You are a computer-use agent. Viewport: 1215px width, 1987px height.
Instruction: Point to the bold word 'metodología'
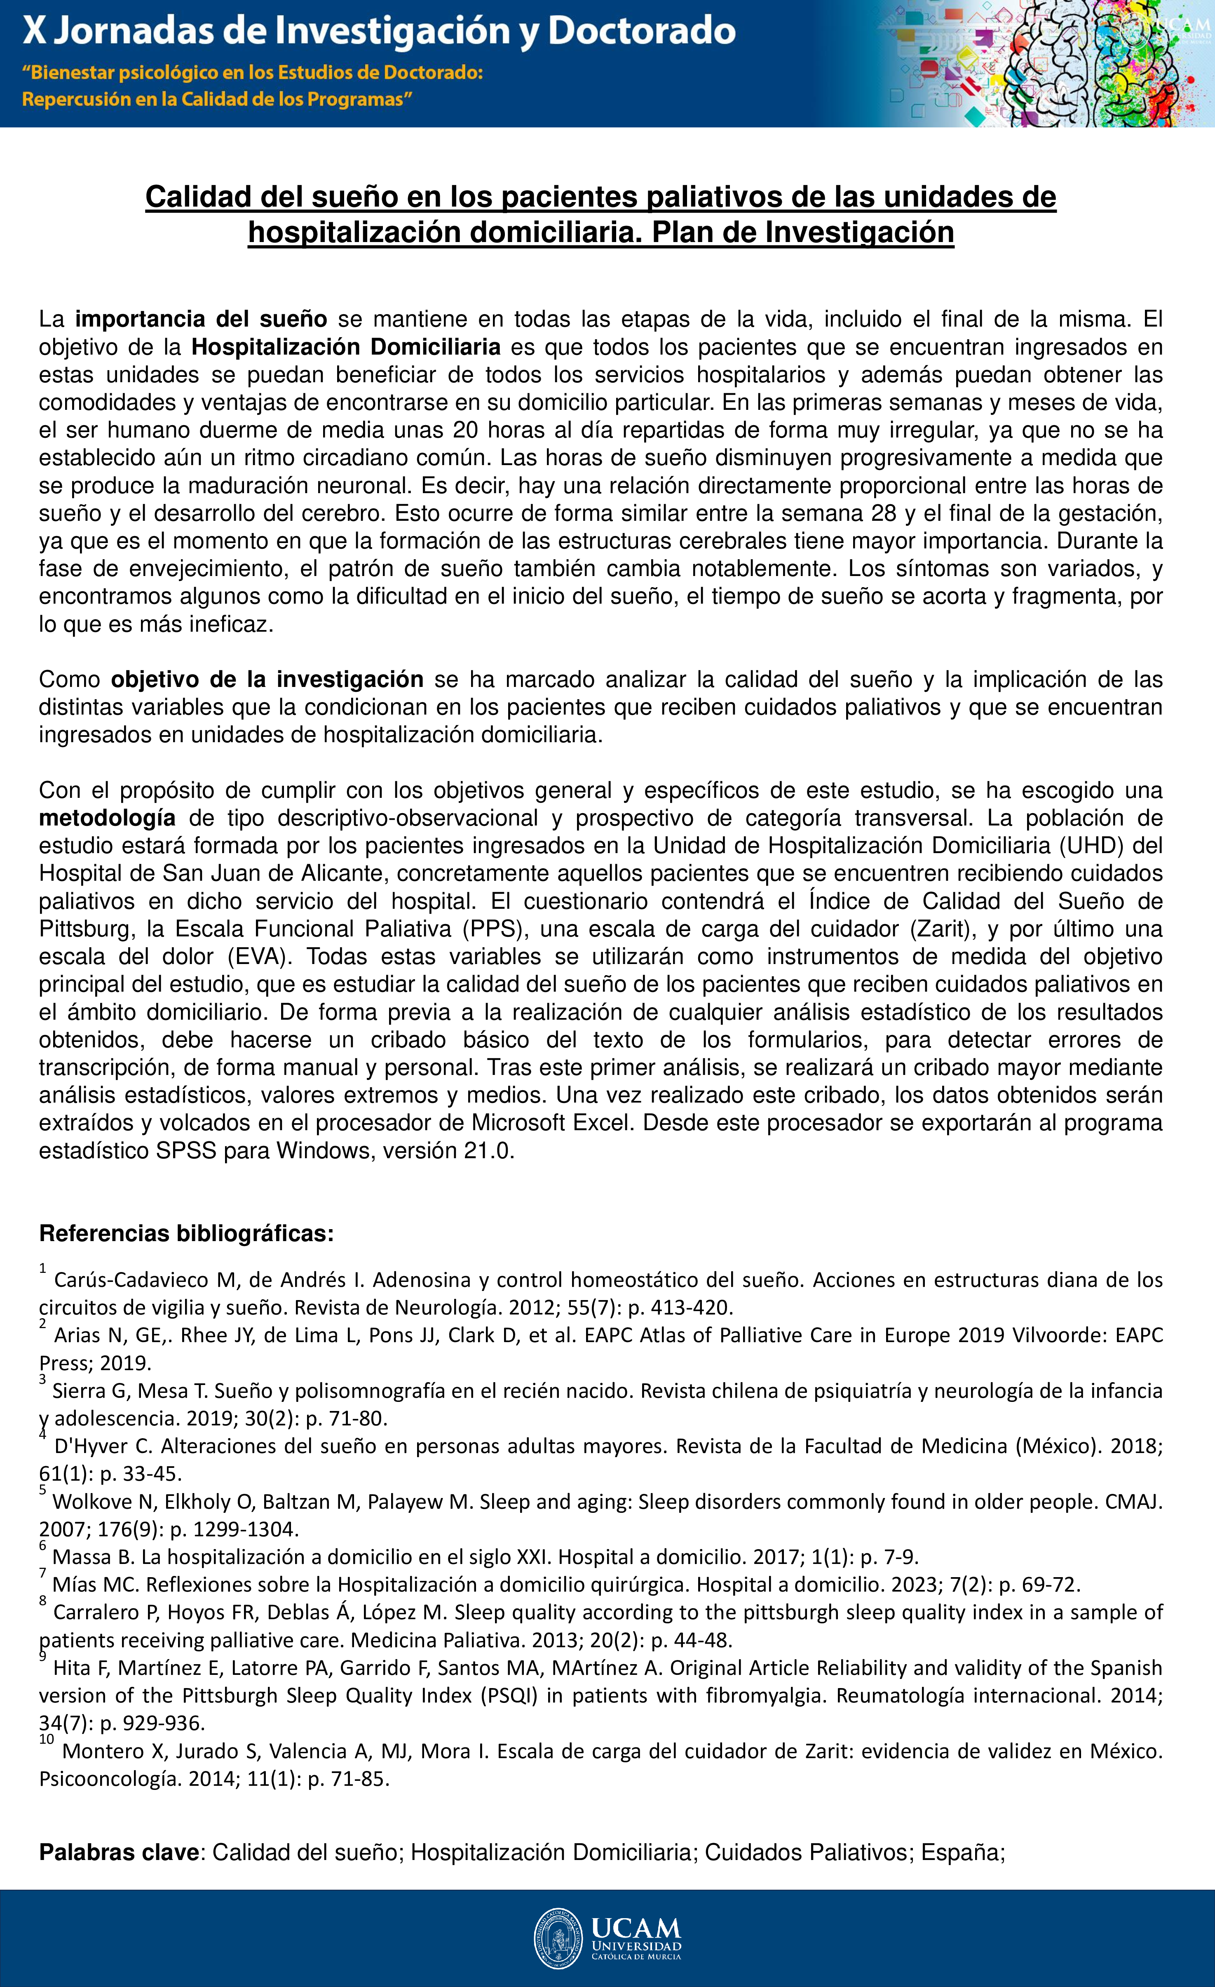pos(107,818)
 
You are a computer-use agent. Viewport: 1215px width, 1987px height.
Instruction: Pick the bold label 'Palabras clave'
pos(119,1852)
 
